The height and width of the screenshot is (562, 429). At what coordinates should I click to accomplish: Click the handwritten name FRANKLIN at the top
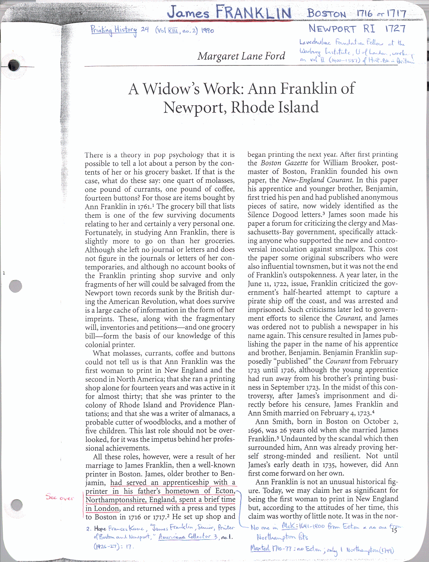pyautogui.click(x=254, y=13)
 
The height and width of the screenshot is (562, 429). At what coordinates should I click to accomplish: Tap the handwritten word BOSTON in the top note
pyautogui.click(x=327, y=14)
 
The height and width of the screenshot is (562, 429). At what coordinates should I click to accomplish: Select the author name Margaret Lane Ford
pyautogui.click(x=241, y=56)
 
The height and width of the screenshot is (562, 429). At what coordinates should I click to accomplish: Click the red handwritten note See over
pyautogui.click(x=60, y=498)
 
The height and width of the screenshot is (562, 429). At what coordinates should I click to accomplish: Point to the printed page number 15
pyautogui.click(x=394, y=530)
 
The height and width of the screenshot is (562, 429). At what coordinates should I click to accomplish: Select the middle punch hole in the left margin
pyautogui.click(x=15, y=286)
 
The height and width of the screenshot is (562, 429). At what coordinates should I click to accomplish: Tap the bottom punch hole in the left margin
pyautogui.click(x=16, y=505)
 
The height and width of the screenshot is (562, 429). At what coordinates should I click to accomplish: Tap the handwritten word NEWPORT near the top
pyautogui.click(x=332, y=29)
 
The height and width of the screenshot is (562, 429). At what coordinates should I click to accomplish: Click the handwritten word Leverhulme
pyautogui.click(x=315, y=43)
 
